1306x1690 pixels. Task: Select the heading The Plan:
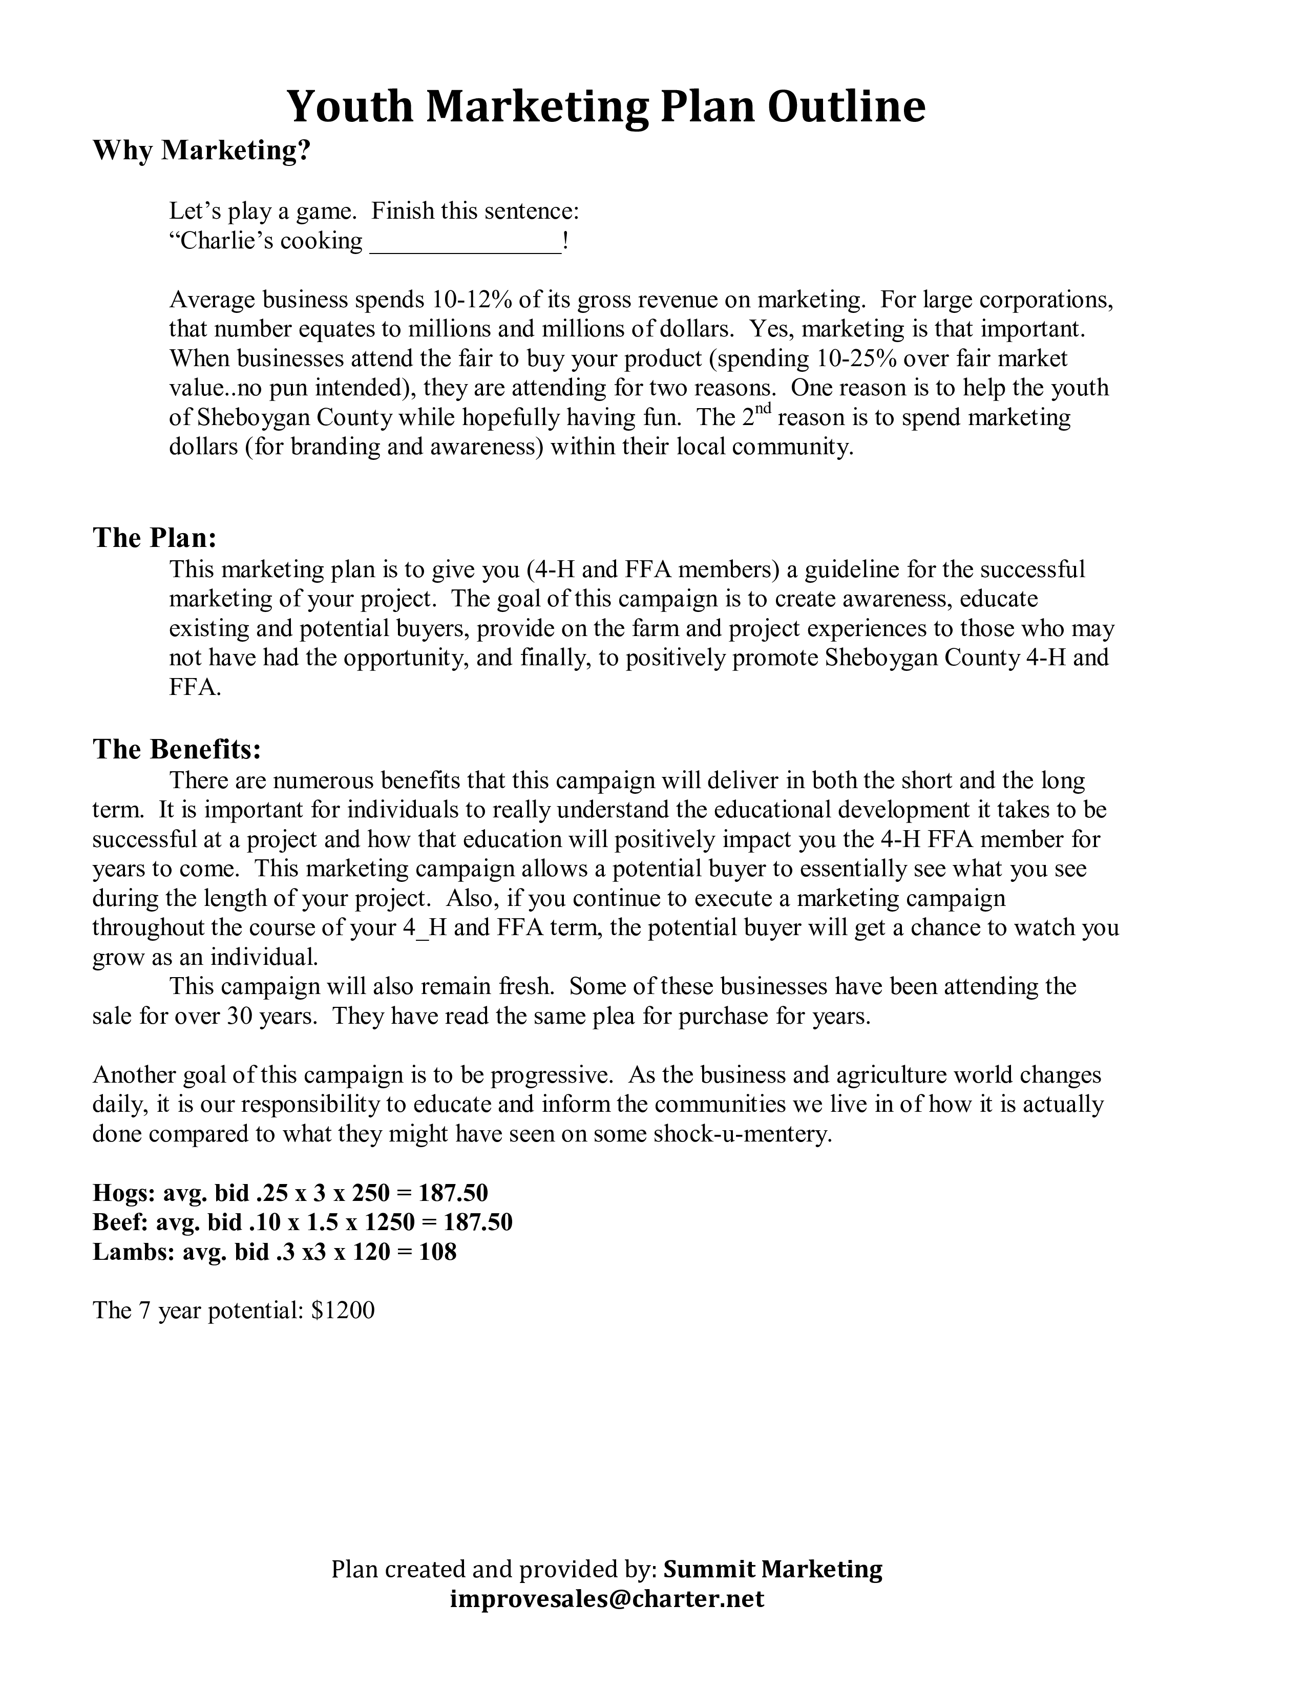click(x=155, y=538)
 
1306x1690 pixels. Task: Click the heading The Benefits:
click(x=177, y=749)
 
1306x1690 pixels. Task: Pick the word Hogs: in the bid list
click(x=124, y=1192)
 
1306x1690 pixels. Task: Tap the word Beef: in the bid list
click(x=121, y=1222)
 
